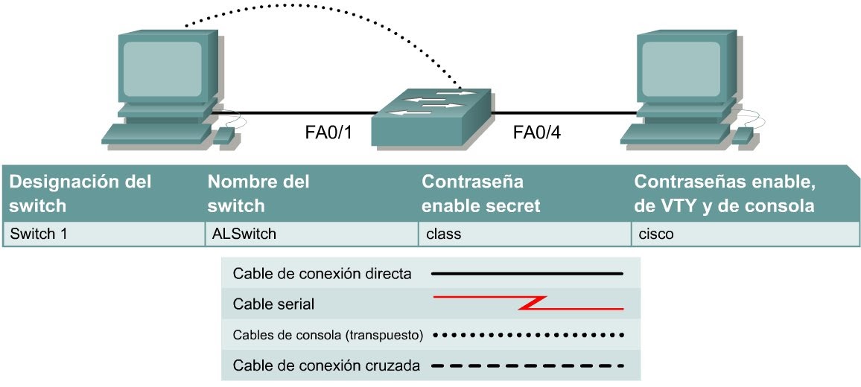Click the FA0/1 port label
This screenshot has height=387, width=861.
328,134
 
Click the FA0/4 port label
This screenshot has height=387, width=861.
536,134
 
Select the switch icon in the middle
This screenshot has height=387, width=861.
431,115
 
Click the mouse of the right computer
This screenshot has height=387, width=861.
742,135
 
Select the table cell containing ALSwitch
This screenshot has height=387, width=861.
243,234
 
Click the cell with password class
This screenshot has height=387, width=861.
444,234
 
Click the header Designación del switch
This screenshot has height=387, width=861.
80,193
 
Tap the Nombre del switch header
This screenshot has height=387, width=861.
258,193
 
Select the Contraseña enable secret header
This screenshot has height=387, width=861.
481,193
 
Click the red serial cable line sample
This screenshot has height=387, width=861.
528,303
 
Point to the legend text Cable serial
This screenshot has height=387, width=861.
273,304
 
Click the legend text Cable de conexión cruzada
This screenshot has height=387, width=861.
327,365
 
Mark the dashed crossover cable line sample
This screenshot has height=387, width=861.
528,365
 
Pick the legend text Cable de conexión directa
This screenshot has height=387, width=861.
322,274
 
